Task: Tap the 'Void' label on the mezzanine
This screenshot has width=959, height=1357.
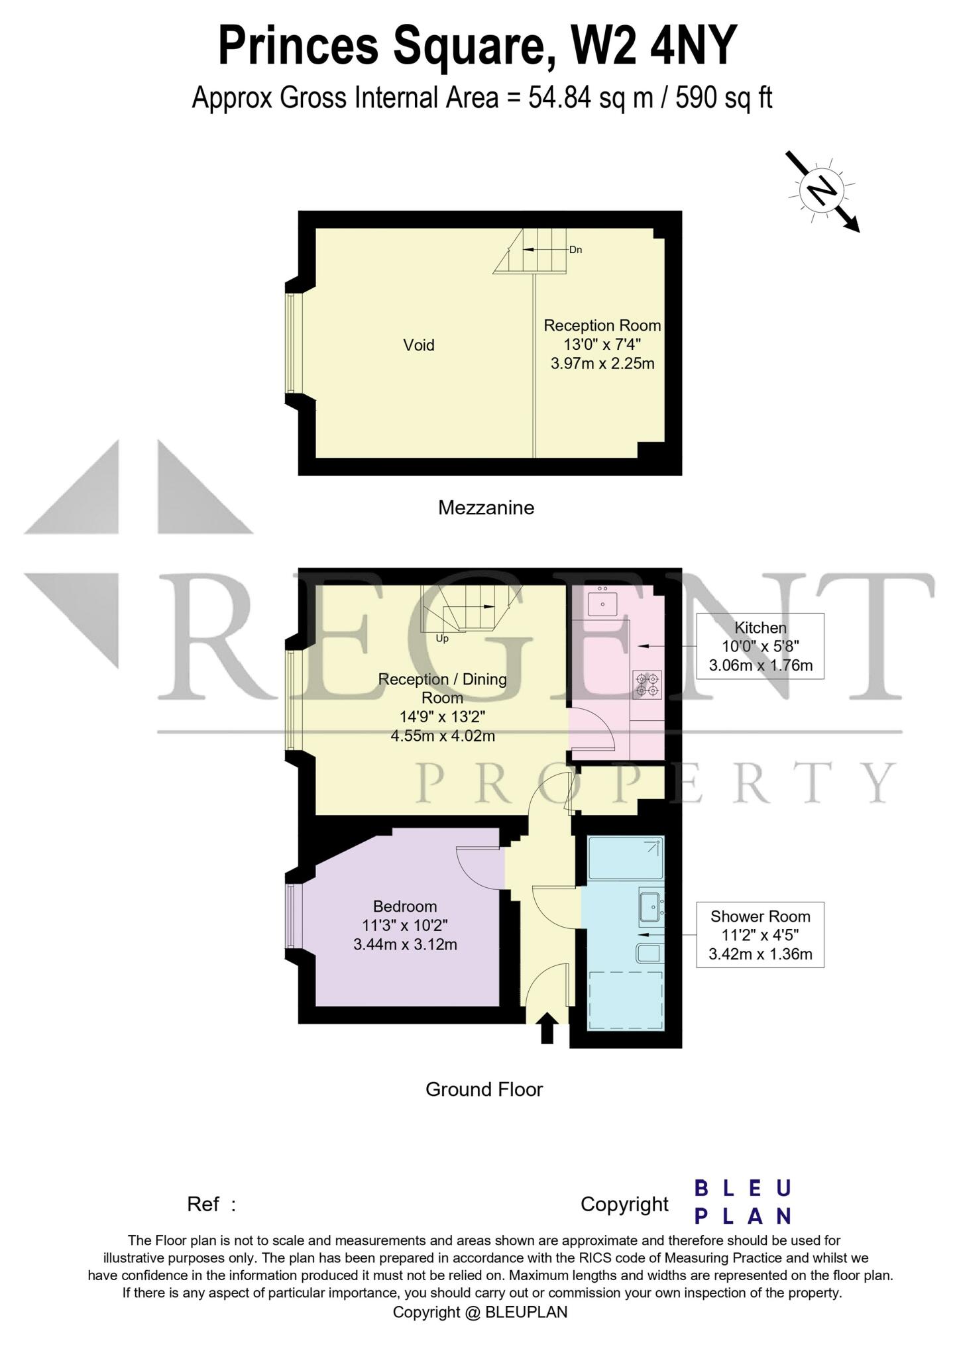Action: click(419, 345)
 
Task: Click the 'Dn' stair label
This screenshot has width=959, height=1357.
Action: click(575, 250)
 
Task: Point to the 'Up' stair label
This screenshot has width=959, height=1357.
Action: click(442, 639)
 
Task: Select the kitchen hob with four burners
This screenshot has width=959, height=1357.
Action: click(647, 684)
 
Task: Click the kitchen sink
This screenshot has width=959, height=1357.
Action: click(602, 603)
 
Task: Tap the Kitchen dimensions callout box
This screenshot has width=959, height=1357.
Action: click(760, 646)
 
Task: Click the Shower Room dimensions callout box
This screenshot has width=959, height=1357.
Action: click(760, 935)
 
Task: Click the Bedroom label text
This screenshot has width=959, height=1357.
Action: click(405, 906)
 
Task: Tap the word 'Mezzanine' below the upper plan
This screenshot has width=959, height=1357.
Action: click(486, 508)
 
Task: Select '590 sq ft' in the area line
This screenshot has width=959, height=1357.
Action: click(724, 98)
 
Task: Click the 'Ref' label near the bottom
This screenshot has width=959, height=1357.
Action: click(203, 1204)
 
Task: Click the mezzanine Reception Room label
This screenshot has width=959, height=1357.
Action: click(602, 325)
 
